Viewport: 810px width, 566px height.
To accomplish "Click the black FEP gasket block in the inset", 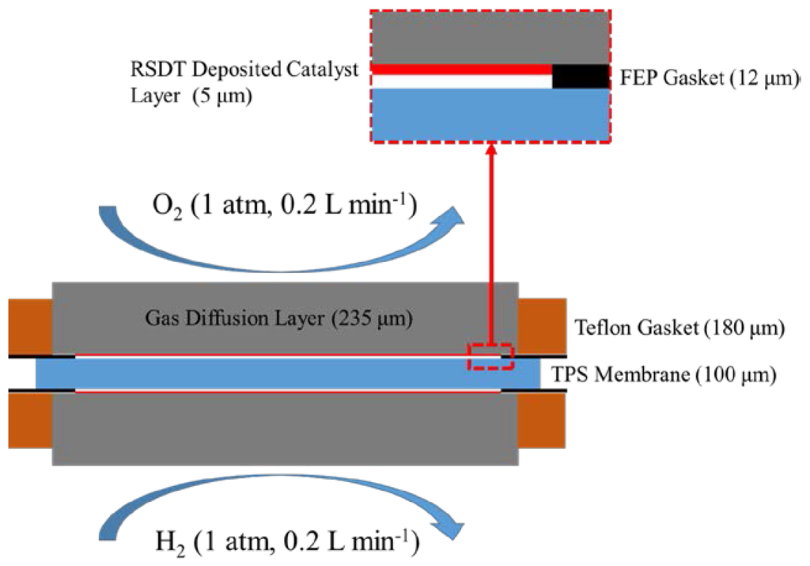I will [x=581, y=77].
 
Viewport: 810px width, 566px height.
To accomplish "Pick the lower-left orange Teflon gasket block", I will [x=30, y=420].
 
